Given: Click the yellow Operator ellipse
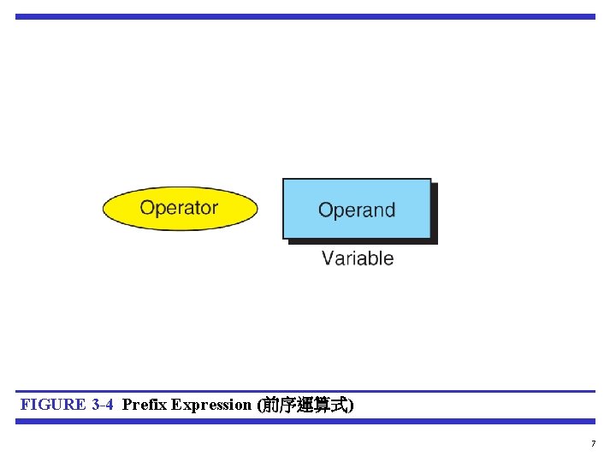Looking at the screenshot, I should (x=180, y=208).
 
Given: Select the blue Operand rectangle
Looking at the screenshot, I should (x=356, y=209).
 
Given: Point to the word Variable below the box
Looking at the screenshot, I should (x=358, y=258).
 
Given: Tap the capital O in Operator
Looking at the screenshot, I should (x=148, y=208).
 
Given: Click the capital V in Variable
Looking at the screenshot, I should (x=329, y=258).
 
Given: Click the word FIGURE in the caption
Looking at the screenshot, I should (x=53, y=405).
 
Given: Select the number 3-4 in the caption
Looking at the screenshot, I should (x=102, y=405).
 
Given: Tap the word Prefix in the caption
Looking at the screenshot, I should (x=145, y=405).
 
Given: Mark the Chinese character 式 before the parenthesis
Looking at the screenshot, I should (x=339, y=406).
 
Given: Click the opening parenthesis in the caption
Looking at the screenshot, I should (x=259, y=406).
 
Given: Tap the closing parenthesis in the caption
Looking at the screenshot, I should (x=351, y=406).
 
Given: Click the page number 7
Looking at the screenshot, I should (x=593, y=443).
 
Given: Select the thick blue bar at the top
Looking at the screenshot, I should (x=305, y=16).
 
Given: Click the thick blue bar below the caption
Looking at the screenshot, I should (x=305, y=421).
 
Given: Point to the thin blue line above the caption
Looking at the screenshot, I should (x=305, y=392).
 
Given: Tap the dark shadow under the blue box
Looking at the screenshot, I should (x=363, y=242).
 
